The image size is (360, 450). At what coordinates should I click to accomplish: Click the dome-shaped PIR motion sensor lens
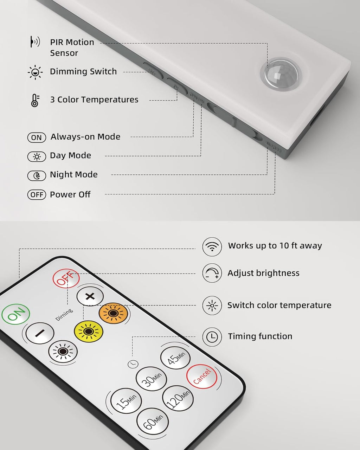click(281, 74)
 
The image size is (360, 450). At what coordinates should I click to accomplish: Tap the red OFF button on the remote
click(66, 278)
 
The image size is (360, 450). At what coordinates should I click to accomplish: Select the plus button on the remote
click(90, 296)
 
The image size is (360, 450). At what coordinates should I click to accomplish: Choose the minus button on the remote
click(40, 333)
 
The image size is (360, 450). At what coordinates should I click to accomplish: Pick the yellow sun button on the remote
click(88, 331)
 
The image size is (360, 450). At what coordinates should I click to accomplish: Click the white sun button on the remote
click(63, 351)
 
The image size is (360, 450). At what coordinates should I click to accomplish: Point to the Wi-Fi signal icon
click(212, 246)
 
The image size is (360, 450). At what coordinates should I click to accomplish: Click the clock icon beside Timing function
click(212, 337)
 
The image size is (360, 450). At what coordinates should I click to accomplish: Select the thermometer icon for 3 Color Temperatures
click(35, 100)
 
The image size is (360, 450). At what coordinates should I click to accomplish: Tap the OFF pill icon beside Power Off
click(37, 194)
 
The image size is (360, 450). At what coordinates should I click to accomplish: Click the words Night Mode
click(74, 175)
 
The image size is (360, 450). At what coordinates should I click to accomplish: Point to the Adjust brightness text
click(263, 273)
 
